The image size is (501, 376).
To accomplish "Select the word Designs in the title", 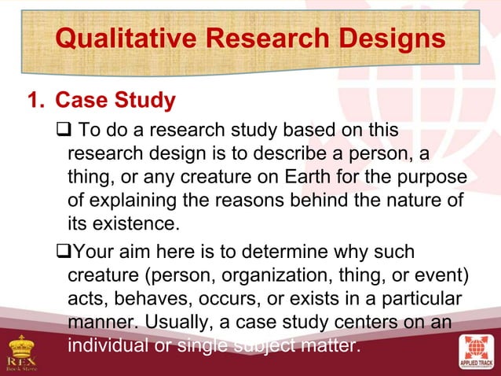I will [390, 37].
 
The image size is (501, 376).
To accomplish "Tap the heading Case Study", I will [115, 102].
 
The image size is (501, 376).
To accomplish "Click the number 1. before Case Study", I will [37, 102].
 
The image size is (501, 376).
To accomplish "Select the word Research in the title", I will [268, 37].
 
